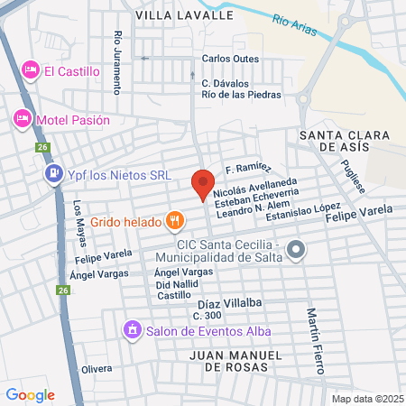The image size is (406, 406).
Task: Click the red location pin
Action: tap(204, 184)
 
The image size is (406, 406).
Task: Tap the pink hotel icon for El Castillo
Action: tap(30, 69)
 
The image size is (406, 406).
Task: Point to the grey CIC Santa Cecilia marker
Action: tap(295, 250)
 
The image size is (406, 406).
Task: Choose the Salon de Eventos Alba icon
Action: tap(132, 329)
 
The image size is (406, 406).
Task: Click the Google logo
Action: tap(30, 394)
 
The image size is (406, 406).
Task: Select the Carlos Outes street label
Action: tap(230, 59)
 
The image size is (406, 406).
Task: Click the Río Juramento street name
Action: tap(117, 62)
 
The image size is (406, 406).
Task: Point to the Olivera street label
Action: tap(97, 369)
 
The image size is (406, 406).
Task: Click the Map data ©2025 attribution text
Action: tap(367, 399)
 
